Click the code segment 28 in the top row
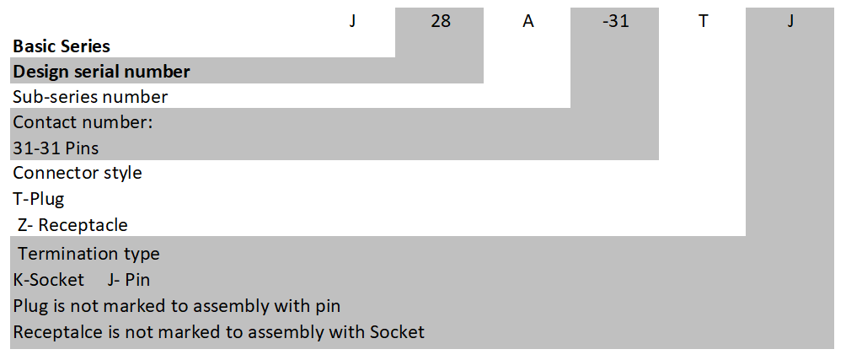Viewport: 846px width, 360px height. point(441,21)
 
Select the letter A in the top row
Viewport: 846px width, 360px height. point(528,21)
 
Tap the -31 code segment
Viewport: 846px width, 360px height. point(615,21)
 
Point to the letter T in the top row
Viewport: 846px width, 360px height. point(703,21)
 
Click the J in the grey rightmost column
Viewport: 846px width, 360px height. point(790,21)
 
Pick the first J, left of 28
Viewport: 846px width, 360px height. point(353,21)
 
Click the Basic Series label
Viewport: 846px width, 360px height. point(62,46)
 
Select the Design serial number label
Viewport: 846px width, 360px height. point(101,72)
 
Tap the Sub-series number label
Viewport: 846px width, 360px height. point(90,97)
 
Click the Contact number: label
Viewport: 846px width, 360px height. point(83,122)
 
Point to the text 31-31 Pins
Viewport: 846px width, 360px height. point(56,148)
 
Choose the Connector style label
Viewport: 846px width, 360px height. point(78,174)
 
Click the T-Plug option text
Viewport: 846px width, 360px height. point(39,200)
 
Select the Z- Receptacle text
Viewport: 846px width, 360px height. point(73,226)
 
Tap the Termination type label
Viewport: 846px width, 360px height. point(88,254)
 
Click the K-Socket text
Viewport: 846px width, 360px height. point(49,280)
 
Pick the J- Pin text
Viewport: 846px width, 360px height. point(130,280)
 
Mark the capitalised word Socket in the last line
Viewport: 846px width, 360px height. point(397,332)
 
